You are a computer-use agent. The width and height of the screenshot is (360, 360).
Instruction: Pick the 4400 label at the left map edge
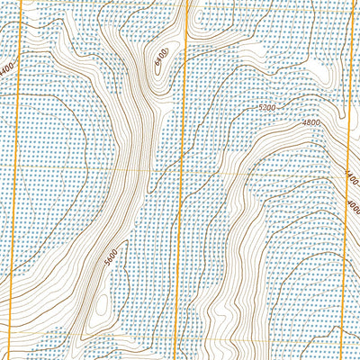(x=7, y=68)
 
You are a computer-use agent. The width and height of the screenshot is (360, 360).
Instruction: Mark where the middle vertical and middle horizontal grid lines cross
(x=181, y=167)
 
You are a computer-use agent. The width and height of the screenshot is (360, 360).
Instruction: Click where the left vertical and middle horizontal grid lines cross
(x=17, y=167)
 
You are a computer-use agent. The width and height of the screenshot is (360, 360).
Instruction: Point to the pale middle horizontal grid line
(x=90, y=167)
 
